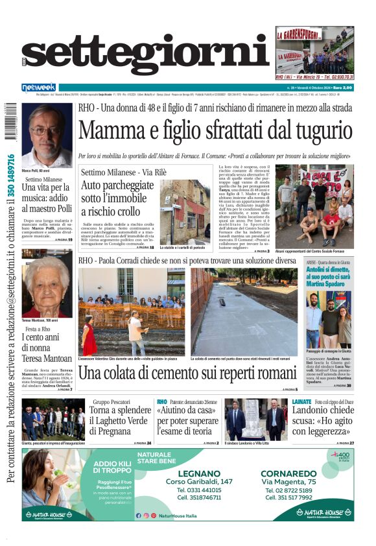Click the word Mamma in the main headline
(x=114, y=132)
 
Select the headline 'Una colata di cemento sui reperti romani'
(x=188, y=374)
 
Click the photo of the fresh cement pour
(x=244, y=311)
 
